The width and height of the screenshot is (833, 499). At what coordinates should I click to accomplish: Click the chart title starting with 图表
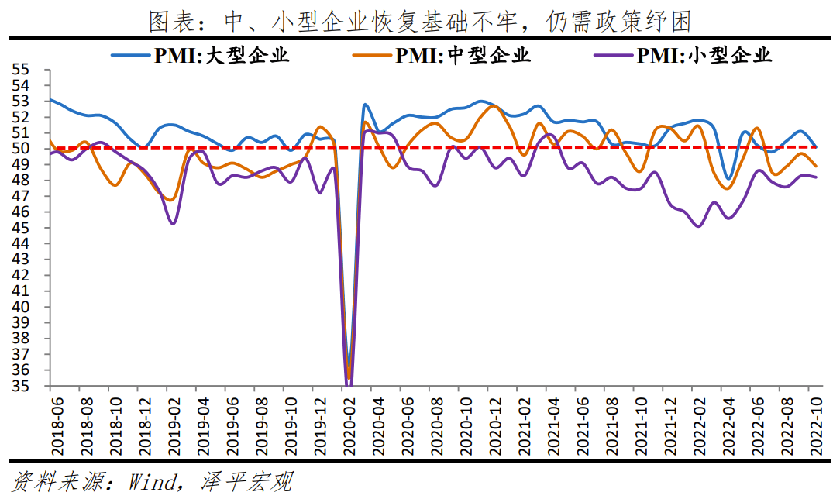pos(418,20)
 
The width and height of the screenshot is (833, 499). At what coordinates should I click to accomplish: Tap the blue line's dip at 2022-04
pos(728,179)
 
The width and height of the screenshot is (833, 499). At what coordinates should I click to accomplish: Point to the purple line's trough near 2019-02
pos(173,224)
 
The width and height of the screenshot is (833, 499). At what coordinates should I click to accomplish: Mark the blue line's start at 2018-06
pos(51,100)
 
